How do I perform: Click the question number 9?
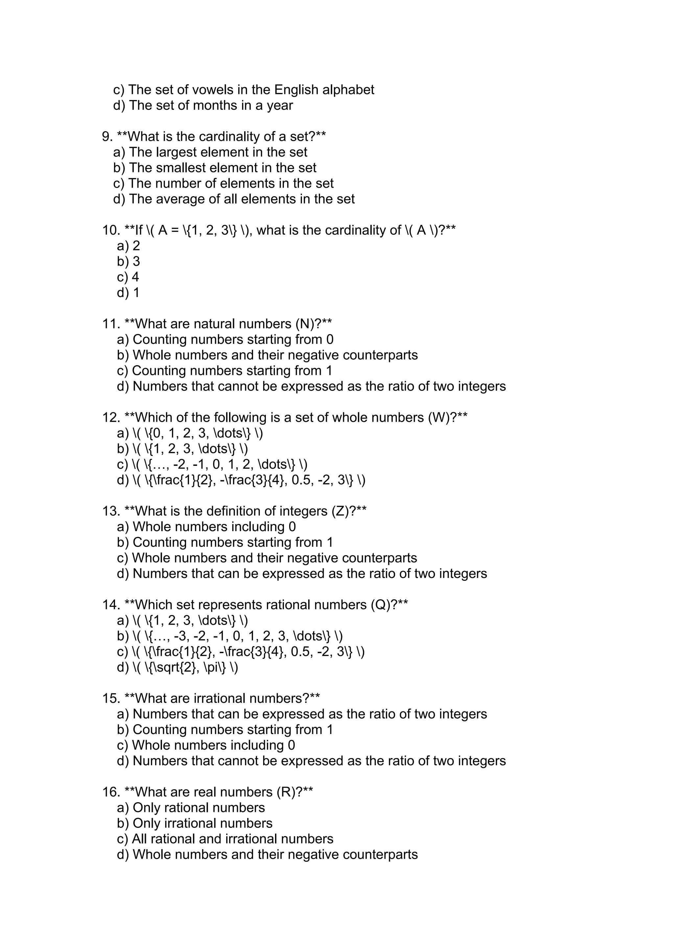click(107, 136)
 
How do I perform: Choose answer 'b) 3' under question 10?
click(128, 261)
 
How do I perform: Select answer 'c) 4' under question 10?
click(128, 277)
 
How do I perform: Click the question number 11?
click(111, 324)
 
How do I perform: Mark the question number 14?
click(111, 605)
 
